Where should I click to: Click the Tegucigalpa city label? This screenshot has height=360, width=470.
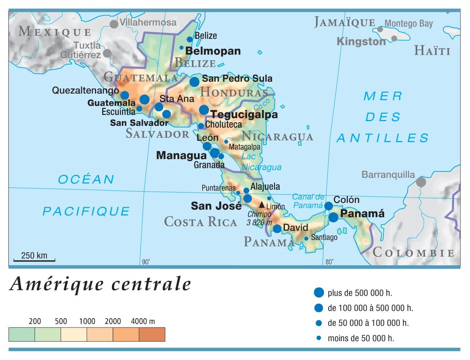244,115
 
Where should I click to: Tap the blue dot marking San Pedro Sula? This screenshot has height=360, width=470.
195,82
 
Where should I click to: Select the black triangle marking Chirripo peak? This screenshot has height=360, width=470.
262,205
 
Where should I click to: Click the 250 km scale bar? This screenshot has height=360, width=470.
34,260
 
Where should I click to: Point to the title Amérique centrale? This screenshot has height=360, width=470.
100,284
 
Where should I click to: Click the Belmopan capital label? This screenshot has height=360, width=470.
213,51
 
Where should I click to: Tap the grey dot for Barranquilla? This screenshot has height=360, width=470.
421,182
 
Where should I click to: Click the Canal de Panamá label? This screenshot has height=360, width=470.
308,201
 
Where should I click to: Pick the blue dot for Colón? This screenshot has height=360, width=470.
329,206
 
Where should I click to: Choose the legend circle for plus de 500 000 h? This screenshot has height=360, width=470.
319,293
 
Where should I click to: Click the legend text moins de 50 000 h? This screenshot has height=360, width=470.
361,338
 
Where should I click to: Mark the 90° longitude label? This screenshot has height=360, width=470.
146,262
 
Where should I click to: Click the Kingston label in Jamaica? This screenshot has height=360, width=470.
361,41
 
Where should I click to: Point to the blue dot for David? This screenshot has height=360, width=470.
277,229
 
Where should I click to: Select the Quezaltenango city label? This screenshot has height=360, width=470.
85,90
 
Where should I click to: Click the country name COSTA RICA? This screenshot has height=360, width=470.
200,222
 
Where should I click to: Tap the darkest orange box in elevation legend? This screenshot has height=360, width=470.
152,334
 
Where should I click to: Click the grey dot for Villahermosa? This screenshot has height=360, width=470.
114,24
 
